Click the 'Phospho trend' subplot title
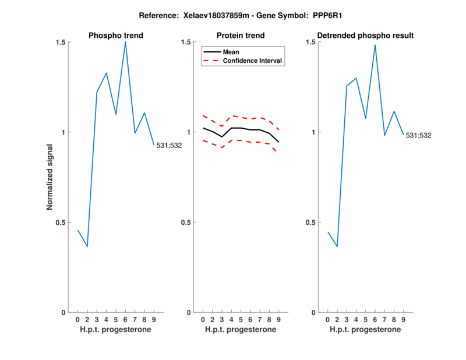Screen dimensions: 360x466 [x=116, y=36]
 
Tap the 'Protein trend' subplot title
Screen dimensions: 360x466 [x=241, y=36]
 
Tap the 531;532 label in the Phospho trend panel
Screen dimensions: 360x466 [x=169, y=145]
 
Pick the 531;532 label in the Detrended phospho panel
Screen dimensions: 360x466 [x=419, y=136]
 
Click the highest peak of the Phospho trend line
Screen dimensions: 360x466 [x=125, y=41]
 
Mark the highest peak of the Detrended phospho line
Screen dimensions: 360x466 [x=375, y=45]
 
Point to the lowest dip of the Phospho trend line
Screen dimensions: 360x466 [x=87, y=246]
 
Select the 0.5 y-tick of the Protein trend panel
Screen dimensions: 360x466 [x=187, y=223]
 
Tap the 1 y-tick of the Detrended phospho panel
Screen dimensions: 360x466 [x=318, y=132]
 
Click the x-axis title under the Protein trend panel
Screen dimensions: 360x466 [x=241, y=330]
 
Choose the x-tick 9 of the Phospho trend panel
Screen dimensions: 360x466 [x=154, y=320]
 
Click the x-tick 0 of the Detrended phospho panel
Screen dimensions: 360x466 [x=328, y=320]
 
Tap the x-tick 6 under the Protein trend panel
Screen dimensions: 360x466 [x=250, y=320]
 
